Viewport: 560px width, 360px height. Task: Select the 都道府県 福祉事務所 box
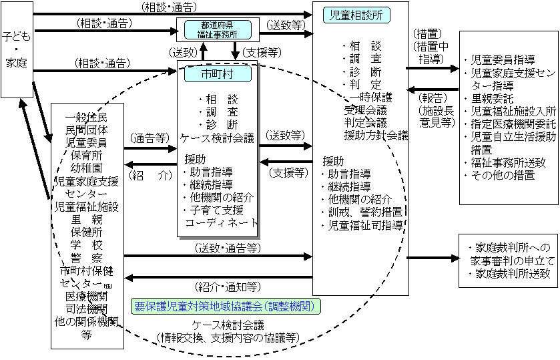tap(217, 29)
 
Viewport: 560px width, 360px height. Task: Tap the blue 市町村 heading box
tap(217, 73)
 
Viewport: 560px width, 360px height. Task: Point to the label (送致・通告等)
tap(228, 248)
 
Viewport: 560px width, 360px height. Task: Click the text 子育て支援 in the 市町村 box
tap(216, 210)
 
